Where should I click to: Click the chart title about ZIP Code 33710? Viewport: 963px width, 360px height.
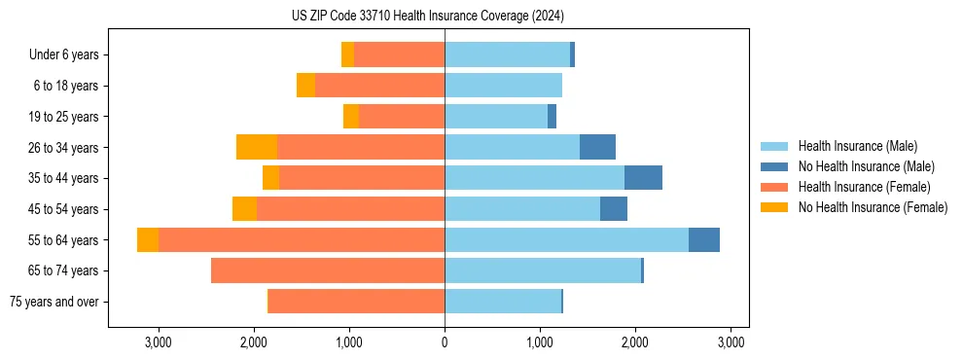tap(427, 16)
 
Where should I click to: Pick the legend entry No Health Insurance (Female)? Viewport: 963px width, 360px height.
tap(873, 207)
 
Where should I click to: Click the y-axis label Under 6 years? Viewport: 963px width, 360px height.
tap(63, 54)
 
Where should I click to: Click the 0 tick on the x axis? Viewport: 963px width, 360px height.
tap(445, 342)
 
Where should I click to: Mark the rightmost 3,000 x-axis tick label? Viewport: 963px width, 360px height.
tap(731, 342)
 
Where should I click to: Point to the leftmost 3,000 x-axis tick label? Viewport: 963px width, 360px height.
tap(159, 342)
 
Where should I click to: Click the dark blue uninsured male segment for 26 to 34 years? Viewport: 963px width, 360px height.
tap(597, 147)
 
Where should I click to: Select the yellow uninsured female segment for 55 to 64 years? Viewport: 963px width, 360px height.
tap(148, 239)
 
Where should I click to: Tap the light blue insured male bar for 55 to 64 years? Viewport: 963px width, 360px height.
tap(566, 239)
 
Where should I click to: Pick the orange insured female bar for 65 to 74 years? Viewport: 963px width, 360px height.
tap(328, 270)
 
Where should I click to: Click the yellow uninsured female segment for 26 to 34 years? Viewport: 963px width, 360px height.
tap(257, 147)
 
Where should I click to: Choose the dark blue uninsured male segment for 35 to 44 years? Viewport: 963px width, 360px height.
tap(643, 178)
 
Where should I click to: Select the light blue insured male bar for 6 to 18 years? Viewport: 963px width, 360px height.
tap(503, 86)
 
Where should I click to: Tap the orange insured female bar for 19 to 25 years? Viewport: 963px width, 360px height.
tap(402, 117)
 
